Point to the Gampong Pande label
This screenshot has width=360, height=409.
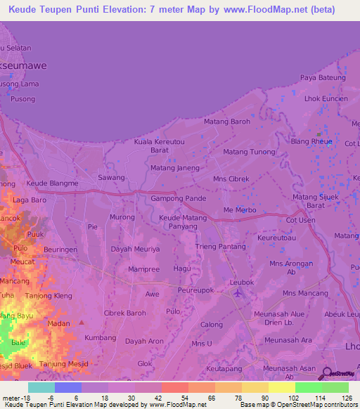click(x=179, y=199)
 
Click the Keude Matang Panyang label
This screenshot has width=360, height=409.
click(x=183, y=223)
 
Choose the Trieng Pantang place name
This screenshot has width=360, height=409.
click(x=221, y=247)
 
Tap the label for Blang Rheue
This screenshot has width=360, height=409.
click(x=311, y=141)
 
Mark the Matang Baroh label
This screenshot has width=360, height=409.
click(x=226, y=122)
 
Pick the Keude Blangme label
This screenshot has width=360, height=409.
click(x=52, y=183)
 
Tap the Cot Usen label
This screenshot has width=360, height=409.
click(x=300, y=221)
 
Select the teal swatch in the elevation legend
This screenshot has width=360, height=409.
click(x=41, y=387)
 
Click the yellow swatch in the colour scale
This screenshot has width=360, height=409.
click(x=281, y=387)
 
